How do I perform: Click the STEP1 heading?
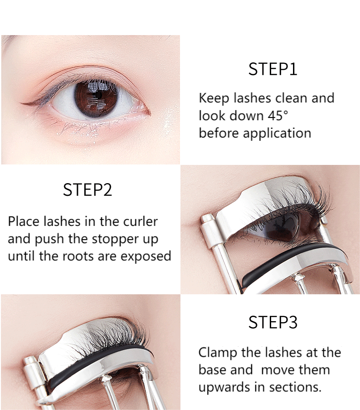[x=273, y=69]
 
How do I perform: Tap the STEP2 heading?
[x=87, y=190]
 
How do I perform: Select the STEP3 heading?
[x=273, y=323]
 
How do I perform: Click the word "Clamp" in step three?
[x=218, y=353]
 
